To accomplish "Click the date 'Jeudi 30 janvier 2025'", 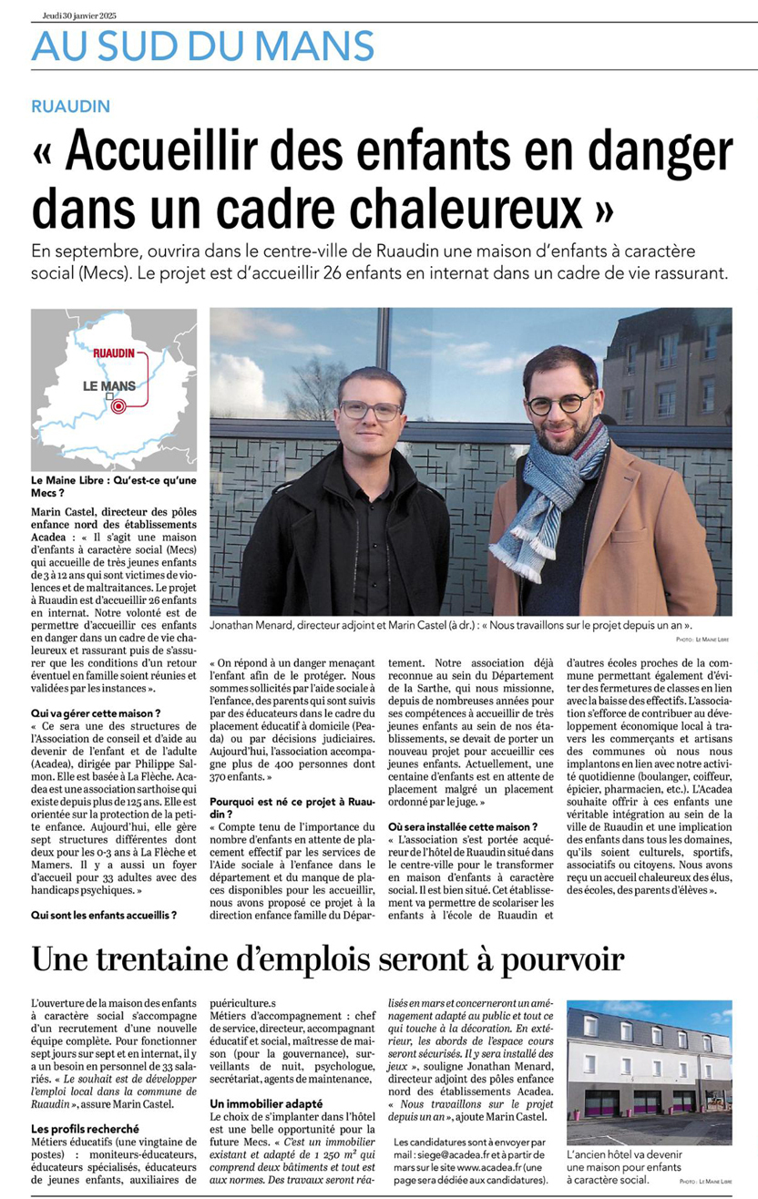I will [x=79, y=15].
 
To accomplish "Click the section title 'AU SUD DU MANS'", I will [x=202, y=46].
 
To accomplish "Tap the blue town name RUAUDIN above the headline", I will [x=70, y=107].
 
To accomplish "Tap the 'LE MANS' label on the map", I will [x=108, y=385].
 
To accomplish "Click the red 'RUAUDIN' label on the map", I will [x=114, y=352].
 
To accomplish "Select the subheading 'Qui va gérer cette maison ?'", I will [x=96, y=712].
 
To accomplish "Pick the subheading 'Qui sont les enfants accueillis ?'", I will [x=104, y=913].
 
